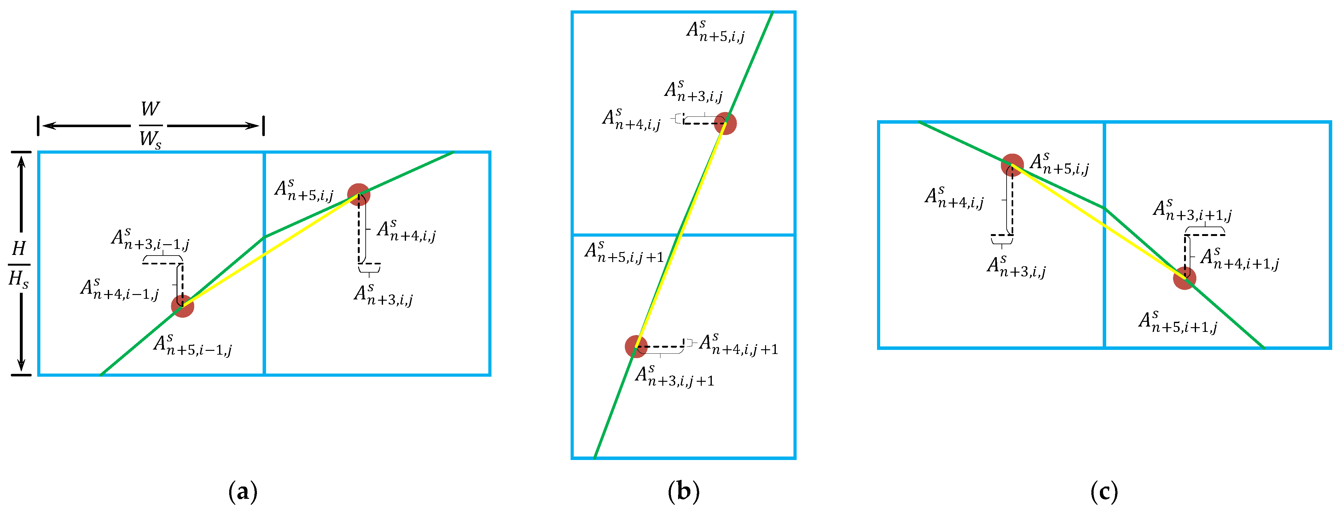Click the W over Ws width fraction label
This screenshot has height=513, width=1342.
pos(151,125)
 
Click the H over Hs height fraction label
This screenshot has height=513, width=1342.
pos(19,264)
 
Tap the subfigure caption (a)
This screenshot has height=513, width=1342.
pos(243,492)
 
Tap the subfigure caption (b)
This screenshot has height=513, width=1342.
pos(683,492)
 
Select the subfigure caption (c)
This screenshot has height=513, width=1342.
pos(1104,492)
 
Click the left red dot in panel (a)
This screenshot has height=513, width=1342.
pos(182,306)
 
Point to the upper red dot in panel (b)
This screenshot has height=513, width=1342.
pos(725,124)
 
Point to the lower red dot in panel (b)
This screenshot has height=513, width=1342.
pos(636,346)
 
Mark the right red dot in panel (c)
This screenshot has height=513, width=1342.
pos(1184,278)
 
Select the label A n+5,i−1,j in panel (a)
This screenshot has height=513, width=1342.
pos(192,346)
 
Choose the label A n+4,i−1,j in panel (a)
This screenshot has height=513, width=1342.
pos(119,290)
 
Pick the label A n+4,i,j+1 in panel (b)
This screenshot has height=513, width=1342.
pos(738,345)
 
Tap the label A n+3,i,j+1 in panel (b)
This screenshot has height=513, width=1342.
pos(674,376)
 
